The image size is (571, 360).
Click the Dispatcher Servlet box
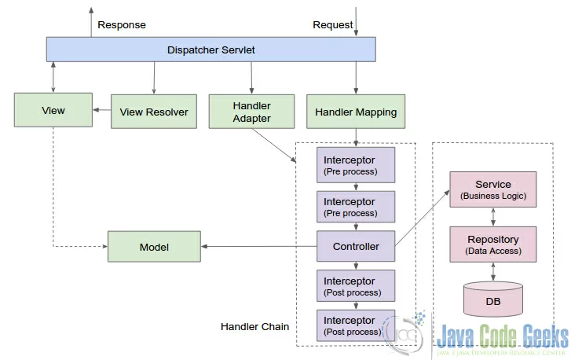pos(210,50)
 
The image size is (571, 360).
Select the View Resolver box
pos(154,112)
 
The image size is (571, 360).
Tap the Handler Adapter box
pos(251,112)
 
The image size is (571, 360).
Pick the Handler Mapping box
pos(356,112)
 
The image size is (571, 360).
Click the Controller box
pos(356,246)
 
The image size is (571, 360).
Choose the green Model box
pos(154,246)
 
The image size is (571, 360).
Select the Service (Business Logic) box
pos(493,189)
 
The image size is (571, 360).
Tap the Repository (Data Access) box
pos(493,244)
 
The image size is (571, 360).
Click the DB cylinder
pos(493,299)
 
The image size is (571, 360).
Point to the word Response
pos(122,25)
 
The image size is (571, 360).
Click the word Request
pos(333,25)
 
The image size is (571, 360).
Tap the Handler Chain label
pos(255,326)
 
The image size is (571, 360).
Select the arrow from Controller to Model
pos(259,246)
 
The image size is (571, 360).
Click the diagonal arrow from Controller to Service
pos(423,218)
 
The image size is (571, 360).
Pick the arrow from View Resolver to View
pos(102,110)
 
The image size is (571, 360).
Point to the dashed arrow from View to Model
pos(53,246)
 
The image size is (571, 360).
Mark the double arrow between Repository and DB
pos(493,272)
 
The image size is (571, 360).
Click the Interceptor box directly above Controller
pos(356,207)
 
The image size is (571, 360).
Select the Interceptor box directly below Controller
pos(356,285)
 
